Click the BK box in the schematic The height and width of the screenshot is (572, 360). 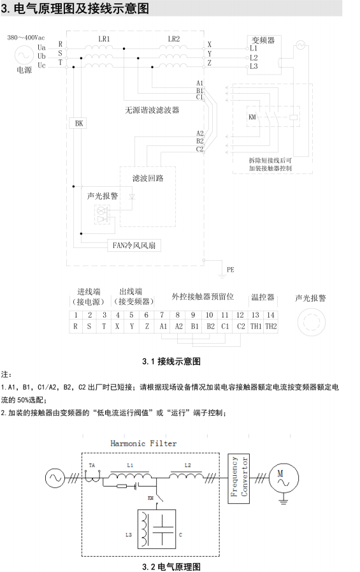(79, 123)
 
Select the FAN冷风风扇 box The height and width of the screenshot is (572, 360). (134, 245)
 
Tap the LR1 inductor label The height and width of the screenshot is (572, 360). (104, 39)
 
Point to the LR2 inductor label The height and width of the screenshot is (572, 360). (174, 39)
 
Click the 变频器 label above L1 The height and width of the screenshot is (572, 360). (263, 40)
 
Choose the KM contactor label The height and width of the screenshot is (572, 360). (252, 117)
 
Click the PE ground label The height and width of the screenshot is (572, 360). (230, 270)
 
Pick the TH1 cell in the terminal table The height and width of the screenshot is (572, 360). (256, 326)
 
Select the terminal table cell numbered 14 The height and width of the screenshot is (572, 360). (270, 315)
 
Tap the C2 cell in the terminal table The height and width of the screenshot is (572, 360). (241, 326)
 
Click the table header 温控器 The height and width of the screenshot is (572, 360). (263, 297)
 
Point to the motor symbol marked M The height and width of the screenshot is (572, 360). (284, 478)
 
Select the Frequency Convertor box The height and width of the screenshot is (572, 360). (239, 479)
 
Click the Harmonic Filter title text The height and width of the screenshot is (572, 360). (143, 444)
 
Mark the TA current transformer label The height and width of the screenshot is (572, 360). (92, 465)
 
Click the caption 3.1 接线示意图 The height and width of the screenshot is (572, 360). (171, 362)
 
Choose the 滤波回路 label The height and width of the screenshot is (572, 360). (148, 179)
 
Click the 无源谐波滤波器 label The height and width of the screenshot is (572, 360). (152, 110)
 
